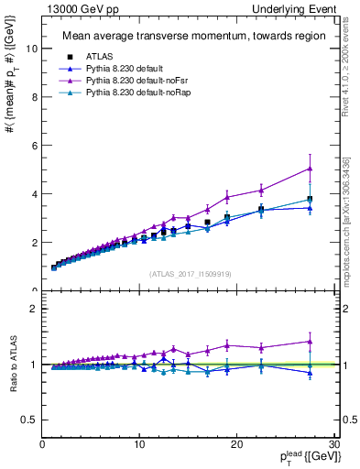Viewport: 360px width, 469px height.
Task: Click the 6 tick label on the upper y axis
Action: [35, 146]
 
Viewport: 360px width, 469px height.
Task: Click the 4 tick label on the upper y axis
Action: [35, 194]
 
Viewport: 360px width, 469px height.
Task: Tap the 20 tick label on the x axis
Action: [236, 444]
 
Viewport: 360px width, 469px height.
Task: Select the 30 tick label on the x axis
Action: [333, 444]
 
